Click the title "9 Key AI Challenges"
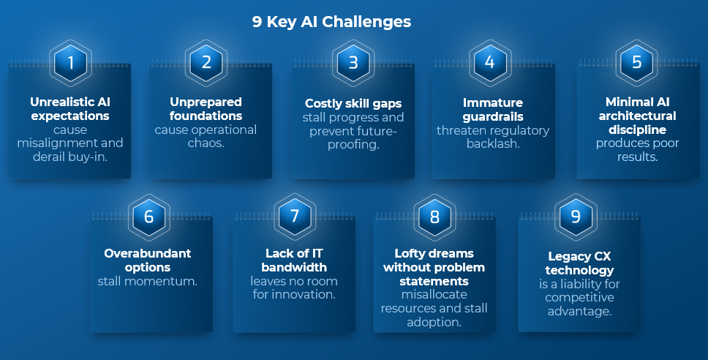click(331, 21)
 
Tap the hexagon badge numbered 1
click(70, 62)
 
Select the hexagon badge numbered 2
click(206, 62)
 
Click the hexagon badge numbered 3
click(353, 62)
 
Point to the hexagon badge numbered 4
click(489, 62)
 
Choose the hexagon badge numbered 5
click(636, 62)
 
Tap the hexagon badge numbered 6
click(149, 217)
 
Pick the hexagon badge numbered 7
click(295, 217)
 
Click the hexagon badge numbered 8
click(434, 217)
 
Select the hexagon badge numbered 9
click(575, 217)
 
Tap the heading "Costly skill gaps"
click(353, 103)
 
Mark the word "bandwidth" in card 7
click(294, 267)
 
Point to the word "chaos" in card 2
click(213, 143)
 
